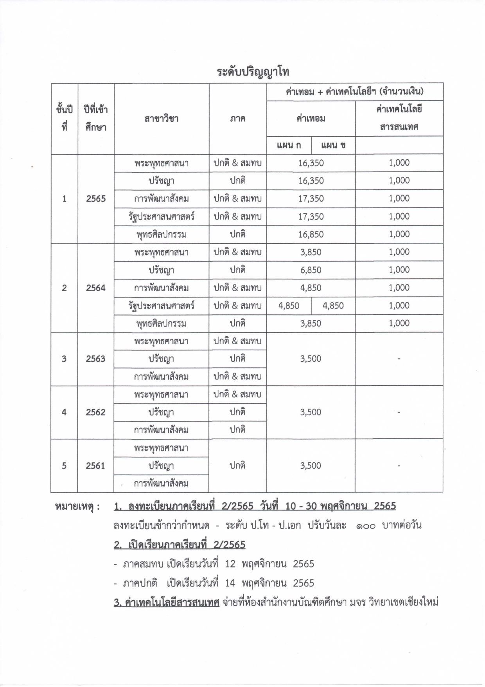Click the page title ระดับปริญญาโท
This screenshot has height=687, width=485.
(253, 72)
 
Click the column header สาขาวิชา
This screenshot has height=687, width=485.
(161, 119)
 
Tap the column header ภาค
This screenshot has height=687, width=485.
(237, 119)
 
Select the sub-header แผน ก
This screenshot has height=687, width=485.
(289, 146)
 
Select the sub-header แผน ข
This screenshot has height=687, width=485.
(333, 146)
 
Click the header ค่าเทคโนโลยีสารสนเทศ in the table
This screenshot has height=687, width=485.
(399, 118)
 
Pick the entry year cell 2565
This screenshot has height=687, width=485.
(96, 199)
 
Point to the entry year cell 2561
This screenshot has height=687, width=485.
(96, 466)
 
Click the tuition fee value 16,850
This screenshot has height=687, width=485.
(311, 234)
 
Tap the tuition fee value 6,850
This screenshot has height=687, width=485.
(311, 270)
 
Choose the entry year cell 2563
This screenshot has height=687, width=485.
(96, 359)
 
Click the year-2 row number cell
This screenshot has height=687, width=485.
(64, 288)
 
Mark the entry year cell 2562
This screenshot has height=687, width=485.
(96, 412)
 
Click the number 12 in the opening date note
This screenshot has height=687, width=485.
(230, 564)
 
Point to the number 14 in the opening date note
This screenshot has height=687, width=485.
(230, 583)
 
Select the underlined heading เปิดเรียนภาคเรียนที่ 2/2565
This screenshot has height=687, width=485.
(180, 545)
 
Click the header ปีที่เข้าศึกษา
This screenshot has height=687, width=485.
(96, 118)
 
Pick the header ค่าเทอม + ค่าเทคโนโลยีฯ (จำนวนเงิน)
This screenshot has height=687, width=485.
(355, 92)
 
